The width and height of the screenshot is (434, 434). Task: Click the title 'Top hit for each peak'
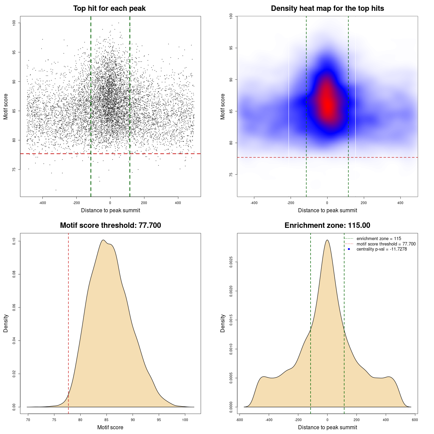click(x=109, y=8)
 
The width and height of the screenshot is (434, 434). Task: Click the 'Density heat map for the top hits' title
click(x=327, y=8)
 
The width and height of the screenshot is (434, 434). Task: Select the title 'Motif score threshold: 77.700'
click(x=110, y=225)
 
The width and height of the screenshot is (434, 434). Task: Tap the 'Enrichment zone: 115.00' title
click(x=327, y=225)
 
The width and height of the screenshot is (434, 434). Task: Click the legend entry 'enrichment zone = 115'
click(x=379, y=239)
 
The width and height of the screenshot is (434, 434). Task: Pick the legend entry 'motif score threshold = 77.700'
click(x=386, y=244)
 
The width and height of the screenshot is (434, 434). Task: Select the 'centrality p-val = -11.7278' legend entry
click(x=381, y=249)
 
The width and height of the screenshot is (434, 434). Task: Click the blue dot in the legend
click(x=349, y=249)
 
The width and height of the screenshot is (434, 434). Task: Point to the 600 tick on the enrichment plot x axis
click(x=415, y=420)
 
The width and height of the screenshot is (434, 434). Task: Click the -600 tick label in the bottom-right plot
click(x=239, y=420)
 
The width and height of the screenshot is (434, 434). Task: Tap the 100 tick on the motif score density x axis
click(x=185, y=420)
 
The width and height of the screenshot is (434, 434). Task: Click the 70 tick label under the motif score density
click(x=28, y=420)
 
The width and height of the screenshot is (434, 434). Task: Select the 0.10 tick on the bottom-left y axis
click(x=14, y=241)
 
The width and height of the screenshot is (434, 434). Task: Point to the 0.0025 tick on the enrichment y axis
click(x=231, y=262)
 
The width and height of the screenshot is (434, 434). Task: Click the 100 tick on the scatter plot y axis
click(x=14, y=23)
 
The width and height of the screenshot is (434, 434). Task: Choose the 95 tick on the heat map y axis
click(x=231, y=48)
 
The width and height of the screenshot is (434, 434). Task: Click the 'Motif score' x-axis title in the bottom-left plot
click(x=110, y=428)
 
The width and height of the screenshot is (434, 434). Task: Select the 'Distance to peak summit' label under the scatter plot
click(x=111, y=211)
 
